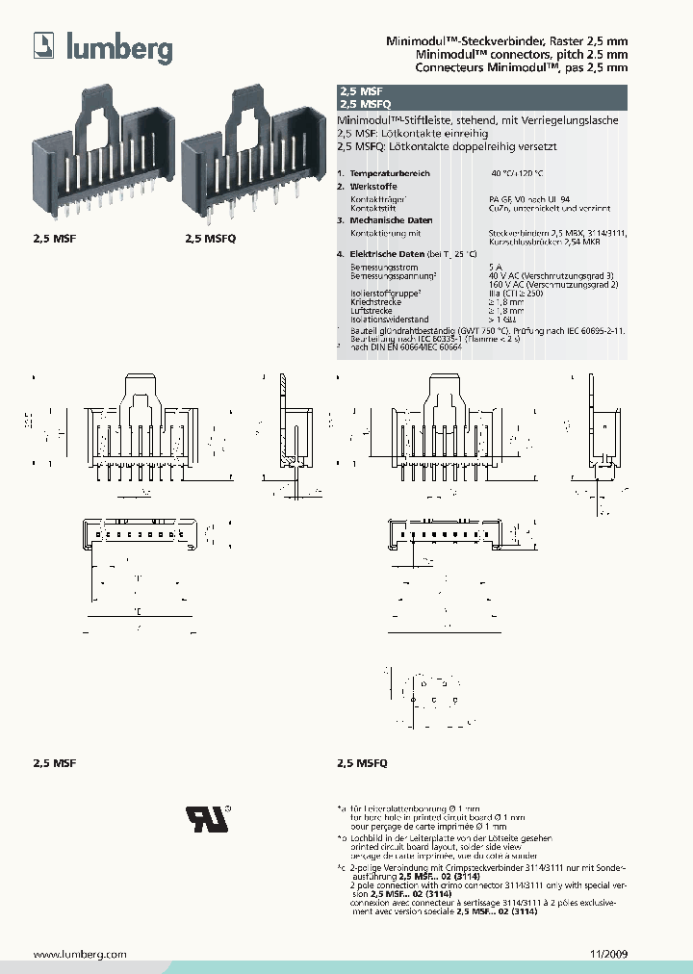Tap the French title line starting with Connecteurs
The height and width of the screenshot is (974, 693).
pyautogui.click(x=510, y=68)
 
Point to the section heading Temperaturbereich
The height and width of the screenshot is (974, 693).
pyautogui.click(x=389, y=172)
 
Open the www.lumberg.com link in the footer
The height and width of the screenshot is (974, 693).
pyautogui.click(x=80, y=954)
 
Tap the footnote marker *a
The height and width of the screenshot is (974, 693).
pyautogui.click(x=341, y=807)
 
